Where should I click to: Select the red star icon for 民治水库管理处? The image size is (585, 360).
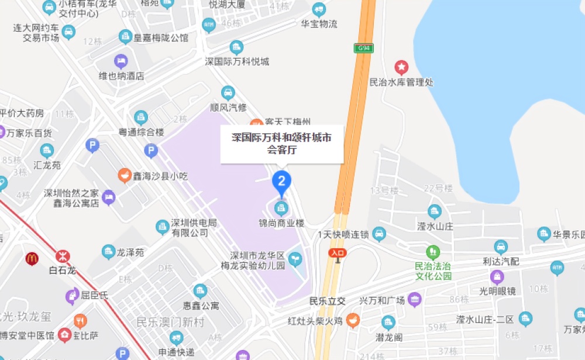tap(401, 67)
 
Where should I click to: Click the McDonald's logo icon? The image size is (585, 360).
tap(32, 258)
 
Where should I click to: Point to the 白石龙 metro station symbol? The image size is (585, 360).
tap(62, 256)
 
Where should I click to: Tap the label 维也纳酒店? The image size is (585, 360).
tap(121, 76)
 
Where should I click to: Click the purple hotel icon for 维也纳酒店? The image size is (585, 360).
tap(121, 61)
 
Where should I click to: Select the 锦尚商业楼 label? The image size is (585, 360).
tap(282, 223)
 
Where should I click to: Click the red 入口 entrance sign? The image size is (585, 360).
tap(338, 252)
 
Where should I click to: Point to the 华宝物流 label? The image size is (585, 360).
tap(319, 24)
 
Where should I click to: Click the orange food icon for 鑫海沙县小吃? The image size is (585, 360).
tap(125, 174)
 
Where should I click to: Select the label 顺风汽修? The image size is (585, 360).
tap(228, 108)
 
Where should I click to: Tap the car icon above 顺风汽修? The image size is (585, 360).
tap(228, 92)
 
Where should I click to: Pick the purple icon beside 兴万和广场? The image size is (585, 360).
tap(414, 300)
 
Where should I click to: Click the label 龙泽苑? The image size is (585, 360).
tap(129, 252)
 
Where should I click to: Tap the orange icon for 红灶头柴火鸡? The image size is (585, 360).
tap(353, 320)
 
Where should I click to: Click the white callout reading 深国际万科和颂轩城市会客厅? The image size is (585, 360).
tap(281, 143)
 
